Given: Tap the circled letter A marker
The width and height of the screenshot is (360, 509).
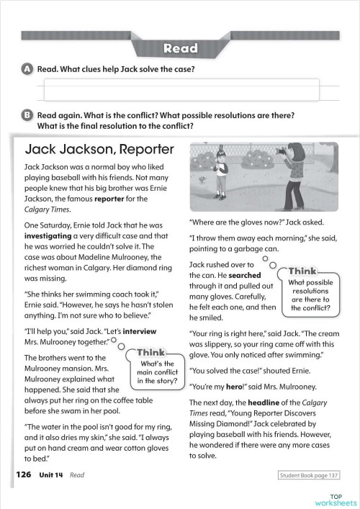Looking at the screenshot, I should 27,69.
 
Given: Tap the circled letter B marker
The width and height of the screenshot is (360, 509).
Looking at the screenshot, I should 27,114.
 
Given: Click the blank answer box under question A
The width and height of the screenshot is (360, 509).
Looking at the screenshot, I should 191,91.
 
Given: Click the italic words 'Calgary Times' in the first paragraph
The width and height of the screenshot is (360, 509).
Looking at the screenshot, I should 47,210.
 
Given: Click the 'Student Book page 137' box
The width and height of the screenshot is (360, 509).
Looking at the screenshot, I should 308,475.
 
